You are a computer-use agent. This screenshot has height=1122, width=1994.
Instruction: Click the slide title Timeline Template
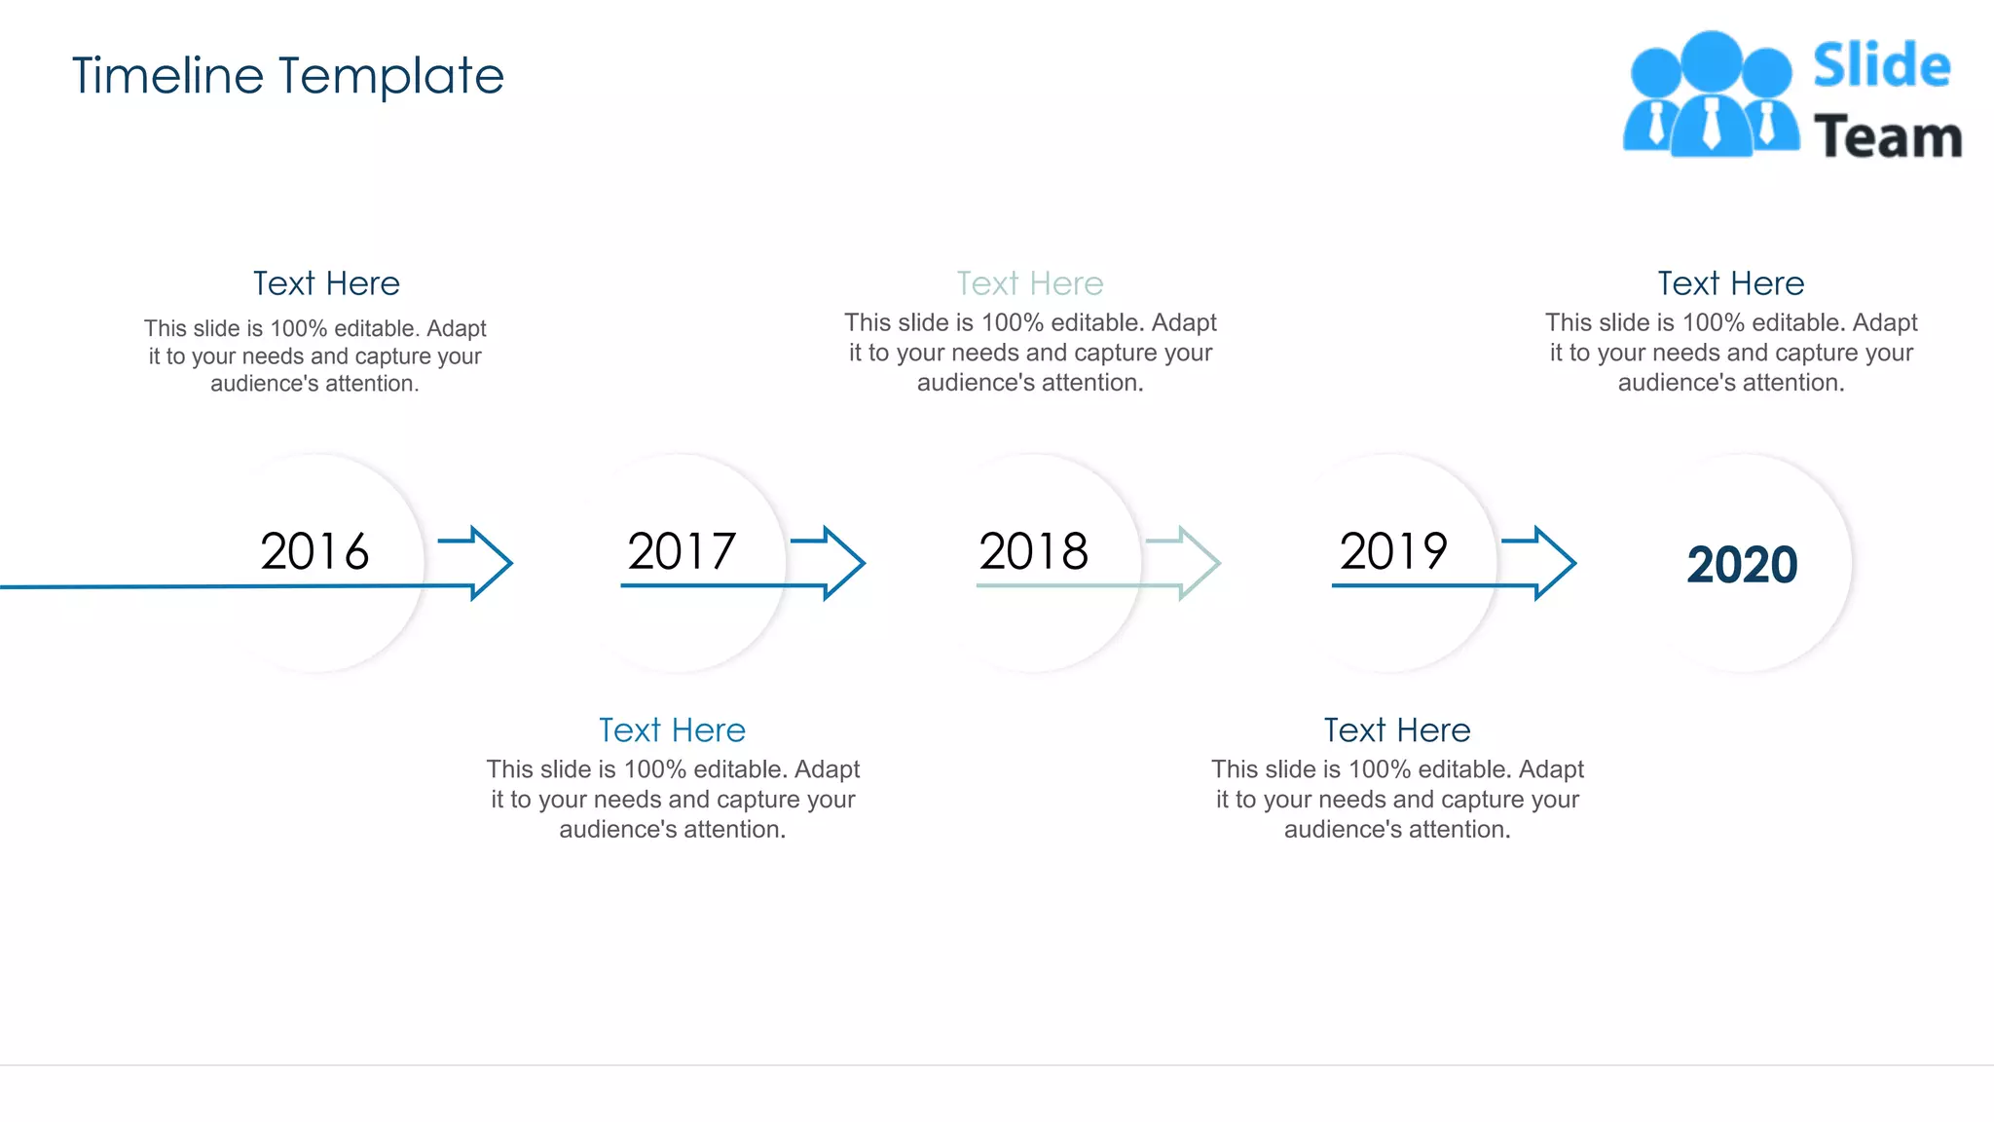click(x=288, y=76)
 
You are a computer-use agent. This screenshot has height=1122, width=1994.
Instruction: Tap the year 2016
click(x=314, y=551)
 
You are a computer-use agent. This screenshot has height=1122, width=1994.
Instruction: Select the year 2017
click(x=682, y=551)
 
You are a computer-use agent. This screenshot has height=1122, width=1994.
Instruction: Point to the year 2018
click(x=1033, y=551)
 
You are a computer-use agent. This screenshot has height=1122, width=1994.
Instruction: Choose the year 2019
click(x=1393, y=551)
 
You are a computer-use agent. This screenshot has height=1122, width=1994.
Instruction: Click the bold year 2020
click(x=1742, y=565)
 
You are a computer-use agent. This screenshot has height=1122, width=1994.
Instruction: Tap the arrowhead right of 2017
click(x=843, y=563)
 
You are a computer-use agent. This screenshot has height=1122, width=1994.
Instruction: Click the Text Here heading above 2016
click(x=326, y=283)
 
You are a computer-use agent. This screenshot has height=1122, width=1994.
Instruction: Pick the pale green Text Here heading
click(x=1030, y=283)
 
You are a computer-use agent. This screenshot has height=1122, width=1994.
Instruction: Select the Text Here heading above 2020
click(x=1731, y=283)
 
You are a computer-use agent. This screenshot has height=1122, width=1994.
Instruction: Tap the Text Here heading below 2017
click(x=672, y=730)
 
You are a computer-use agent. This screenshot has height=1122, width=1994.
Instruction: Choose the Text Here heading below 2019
click(x=1397, y=730)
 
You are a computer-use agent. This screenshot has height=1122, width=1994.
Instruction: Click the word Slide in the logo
click(x=1881, y=66)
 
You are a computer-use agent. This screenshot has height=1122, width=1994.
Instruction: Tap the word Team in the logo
click(x=1887, y=136)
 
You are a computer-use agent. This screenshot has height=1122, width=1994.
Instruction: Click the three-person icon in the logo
click(x=1711, y=95)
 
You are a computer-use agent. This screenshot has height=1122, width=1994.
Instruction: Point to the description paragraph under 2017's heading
click(x=673, y=800)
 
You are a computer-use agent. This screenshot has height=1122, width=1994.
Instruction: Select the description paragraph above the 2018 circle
click(x=1030, y=353)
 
